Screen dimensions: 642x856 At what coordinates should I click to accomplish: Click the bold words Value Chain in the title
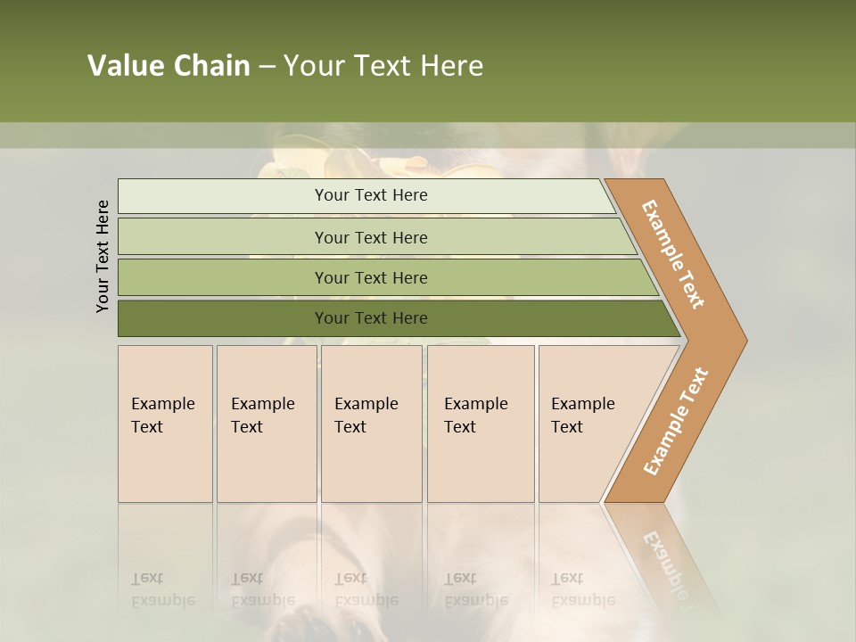169,66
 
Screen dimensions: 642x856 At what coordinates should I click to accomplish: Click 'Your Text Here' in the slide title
383,66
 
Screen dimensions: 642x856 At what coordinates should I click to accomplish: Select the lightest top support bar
223,196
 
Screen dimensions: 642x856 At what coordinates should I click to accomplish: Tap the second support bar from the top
223,237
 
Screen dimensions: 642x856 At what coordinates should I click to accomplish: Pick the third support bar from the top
223,277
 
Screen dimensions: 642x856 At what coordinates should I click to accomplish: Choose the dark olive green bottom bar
223,318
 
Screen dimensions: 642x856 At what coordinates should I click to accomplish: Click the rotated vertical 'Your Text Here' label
103,256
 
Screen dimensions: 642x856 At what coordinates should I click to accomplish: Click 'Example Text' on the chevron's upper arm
673,254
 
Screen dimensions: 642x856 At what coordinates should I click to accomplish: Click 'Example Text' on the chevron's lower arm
676,422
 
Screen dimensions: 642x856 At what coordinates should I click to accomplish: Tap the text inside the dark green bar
371,318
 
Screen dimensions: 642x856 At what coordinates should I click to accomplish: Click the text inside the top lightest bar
371,195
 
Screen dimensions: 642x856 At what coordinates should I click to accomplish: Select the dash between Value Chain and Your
267,67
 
